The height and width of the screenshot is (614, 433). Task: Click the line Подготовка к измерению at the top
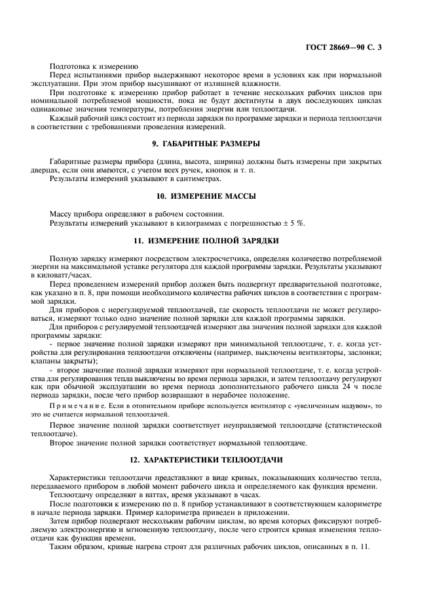(93, 66)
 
